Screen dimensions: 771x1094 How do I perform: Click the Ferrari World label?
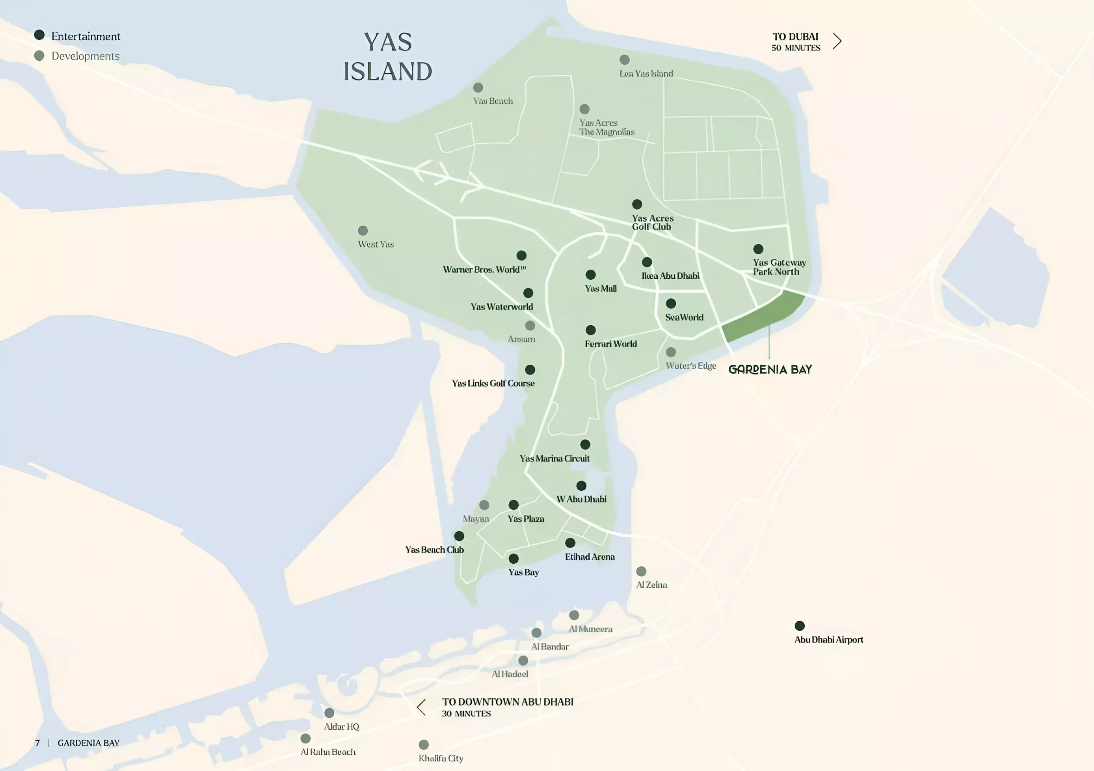[610, 344]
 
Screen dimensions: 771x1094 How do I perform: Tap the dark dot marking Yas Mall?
[590, 275]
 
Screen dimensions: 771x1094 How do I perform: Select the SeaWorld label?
[684, 317]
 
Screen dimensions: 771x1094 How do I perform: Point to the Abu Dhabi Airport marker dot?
[800, 626]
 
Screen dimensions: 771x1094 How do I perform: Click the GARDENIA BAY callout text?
[770, 369]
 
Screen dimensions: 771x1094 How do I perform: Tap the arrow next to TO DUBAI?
[837, 41]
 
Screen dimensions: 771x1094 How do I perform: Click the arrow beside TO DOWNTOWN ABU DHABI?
[421, 707]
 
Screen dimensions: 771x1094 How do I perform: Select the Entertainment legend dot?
[39, 35]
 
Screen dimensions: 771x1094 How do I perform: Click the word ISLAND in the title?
[387, 72]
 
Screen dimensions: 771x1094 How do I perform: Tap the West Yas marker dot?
[363, 231]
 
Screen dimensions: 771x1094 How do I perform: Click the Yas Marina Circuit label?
[554, 458]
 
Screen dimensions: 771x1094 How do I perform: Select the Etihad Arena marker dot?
[570, 543]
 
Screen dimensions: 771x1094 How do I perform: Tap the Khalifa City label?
[441, 758]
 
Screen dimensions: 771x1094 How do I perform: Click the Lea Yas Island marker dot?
[624, 60]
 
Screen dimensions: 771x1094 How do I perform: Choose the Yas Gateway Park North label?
[779, 267]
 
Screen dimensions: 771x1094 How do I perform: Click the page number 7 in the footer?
[38, 743]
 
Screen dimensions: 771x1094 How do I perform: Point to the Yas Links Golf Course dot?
[530, 370]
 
